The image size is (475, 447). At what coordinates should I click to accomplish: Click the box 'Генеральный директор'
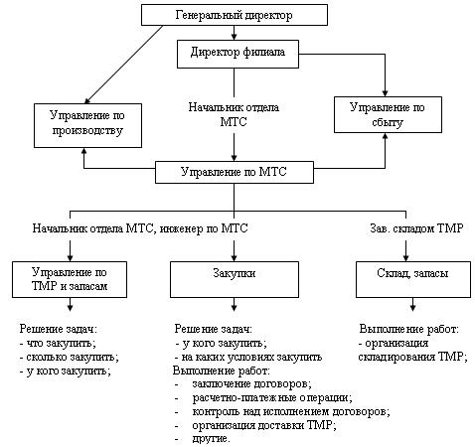pyautogui.click(x=235, y=15)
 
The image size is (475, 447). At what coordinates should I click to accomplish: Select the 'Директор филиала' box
pyautogui.click(x=237, y=54)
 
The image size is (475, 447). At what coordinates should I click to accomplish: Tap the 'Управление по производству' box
pyautogui.click(x=87, y=125)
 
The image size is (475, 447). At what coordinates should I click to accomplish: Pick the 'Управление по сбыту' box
pyautogui.click(x=388, y=114)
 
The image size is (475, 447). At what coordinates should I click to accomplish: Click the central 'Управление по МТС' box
pyautogui.click(x=235, y=172)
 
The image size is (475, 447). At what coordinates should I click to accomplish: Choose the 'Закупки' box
pyautogui.click(x=235, y=279)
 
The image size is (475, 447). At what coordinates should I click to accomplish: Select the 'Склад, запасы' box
pyautogui.click(x=413, y=279)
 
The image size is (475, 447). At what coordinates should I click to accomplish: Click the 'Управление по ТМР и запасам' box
pyautogui.click(x=70, y=279)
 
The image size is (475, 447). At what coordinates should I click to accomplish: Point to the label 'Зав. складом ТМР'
pyautogui.click(x=416, y=228)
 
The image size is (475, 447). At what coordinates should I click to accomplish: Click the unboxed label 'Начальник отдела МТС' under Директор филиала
pyautogui.click(x=234, y=114)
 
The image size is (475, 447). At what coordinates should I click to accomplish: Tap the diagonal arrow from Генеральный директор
pyautogui.click(x=124, y=65)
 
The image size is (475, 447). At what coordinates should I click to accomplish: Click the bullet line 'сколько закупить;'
pyautogui.click(x=70, y=358)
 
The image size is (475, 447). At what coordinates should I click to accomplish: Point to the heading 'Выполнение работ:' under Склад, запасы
pyautogui.click(x=409, y=329)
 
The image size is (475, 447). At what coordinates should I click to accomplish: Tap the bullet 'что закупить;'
pyautogui.click(x=58, y=343)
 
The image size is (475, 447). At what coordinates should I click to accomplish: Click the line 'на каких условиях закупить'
pyautogui.click(x=248, y=357)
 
